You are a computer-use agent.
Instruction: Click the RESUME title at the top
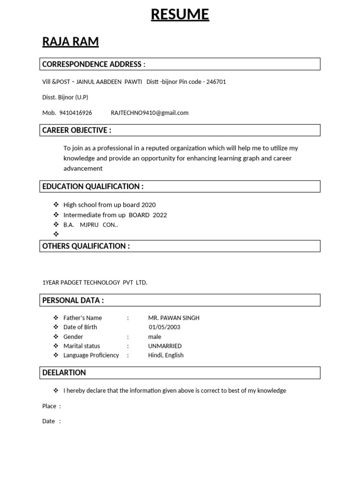click(180, 15)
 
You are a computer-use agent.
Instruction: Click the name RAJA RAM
click(70, 42)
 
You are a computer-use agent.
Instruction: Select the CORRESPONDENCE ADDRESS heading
click(94, 64)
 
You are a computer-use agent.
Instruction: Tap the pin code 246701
click(216, 82)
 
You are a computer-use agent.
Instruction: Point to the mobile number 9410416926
click(76, 112)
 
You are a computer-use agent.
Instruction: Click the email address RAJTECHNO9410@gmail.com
click(150, 112)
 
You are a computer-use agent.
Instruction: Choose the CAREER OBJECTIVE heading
click(77, 130)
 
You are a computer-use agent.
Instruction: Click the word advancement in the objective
click(83, 168)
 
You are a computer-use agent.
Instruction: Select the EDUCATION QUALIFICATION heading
click(93, 186)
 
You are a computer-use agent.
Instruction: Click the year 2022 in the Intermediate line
click(159, 215)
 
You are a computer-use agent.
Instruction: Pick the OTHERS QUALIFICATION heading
click(86, 246)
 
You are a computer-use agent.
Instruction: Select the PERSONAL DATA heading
click(73, 300)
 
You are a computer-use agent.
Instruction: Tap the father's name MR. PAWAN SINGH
click(173, 318)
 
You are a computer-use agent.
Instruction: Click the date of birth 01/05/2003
click(164, 327)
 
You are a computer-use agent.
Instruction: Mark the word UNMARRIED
click(165, 346)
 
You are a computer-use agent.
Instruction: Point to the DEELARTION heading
click(64, 373)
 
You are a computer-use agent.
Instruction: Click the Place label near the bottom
click(49, 406)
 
